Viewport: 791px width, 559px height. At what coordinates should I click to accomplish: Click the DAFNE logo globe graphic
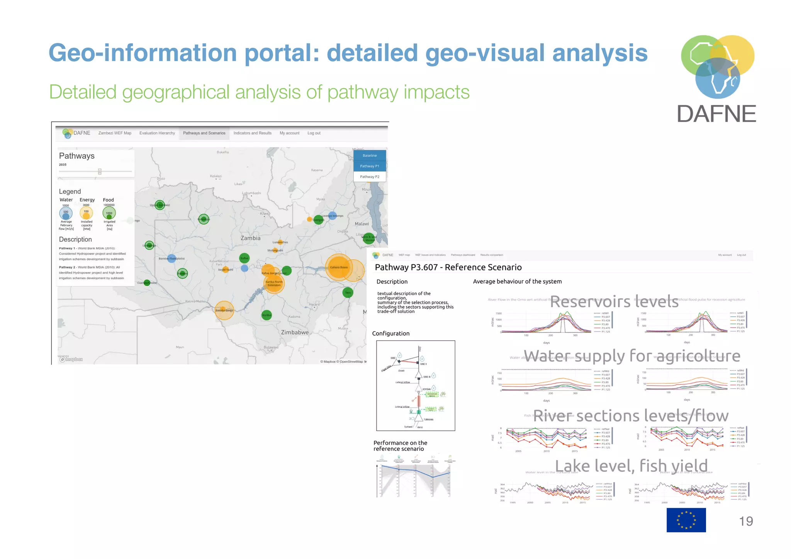coord(717,66)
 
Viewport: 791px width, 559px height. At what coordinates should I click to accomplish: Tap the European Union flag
coord(686,520)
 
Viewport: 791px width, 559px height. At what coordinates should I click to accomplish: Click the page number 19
coord(746,521)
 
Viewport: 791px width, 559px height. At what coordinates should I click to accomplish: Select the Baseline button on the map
coord(370,155)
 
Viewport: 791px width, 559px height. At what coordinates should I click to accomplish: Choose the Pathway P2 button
coord(370,177)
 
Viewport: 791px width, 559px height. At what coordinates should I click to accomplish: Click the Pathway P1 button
coord(370,166)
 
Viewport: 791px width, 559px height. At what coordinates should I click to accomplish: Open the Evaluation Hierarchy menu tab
coord(157,133)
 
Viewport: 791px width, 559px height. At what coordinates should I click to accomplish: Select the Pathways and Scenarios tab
coord(204,133)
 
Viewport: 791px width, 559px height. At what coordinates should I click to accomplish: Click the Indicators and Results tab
coord(252,133)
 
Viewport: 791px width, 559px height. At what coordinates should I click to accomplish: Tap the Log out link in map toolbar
coord(314,133)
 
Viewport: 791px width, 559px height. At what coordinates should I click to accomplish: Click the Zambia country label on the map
coord(250,238)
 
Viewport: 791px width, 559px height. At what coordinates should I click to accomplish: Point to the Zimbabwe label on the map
coord(295,332)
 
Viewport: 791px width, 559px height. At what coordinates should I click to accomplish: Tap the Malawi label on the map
coord(362,224)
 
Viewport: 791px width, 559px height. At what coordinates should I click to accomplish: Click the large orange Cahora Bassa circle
coord(339,267)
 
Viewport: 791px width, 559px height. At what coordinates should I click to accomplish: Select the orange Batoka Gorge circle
coord(224,310)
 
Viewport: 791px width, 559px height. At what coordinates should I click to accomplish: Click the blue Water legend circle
coord(66,213)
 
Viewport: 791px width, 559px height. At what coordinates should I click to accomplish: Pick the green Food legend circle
coord(109,213)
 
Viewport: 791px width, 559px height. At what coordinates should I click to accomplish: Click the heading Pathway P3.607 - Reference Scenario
coord(448,267)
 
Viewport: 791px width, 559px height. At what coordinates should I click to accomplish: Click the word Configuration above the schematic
coord(390,333)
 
